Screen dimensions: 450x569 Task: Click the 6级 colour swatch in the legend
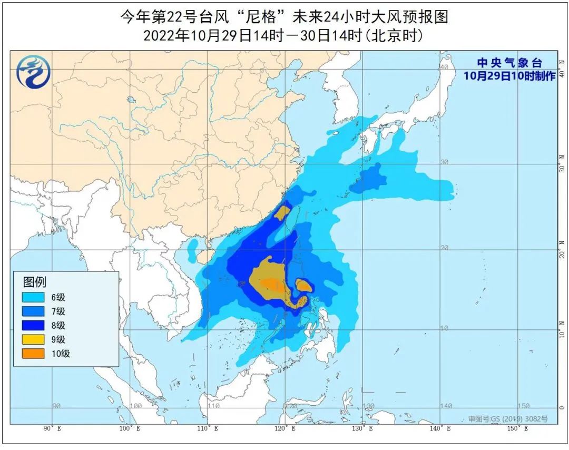pos(33,297)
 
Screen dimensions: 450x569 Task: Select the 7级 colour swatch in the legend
pos(33,311)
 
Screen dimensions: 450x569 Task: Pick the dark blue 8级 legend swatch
pos(33,325)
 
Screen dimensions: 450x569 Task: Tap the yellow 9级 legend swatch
pos(33,339)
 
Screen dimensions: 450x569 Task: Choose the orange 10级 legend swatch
pos(33,354)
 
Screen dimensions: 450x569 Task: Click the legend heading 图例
pos(34,281)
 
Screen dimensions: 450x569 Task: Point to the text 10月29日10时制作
pos(509,76)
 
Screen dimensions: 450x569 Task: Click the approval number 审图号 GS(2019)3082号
pos(507,419)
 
